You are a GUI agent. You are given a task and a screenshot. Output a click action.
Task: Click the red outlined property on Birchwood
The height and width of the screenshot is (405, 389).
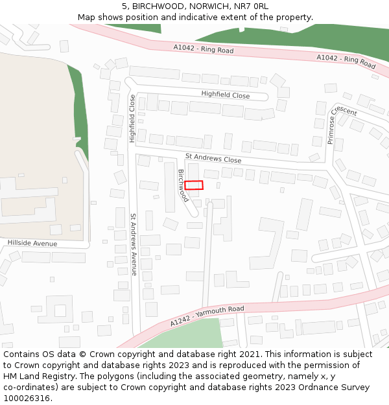point(194,185)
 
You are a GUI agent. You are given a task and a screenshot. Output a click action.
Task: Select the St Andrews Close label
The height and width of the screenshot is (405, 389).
point(213,158)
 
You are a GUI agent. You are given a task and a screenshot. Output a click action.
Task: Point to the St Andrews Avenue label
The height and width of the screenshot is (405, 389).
point(134,245)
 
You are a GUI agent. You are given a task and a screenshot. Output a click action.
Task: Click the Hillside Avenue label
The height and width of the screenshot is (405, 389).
point(32,244)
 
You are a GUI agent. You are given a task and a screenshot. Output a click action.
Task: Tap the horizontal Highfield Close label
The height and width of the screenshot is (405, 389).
point(225,95)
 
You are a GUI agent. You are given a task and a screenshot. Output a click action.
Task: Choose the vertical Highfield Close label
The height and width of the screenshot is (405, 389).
point(132,119)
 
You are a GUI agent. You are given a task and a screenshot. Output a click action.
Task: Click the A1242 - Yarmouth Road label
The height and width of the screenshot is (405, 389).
point(207,316)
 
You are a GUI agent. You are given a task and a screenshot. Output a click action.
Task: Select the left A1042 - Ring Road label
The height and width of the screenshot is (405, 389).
point(203,49)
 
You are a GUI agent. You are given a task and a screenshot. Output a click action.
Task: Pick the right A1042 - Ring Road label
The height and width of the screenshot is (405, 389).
point(346,61)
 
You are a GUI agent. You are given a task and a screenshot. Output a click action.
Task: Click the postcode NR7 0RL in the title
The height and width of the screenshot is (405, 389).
point(252,6)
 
